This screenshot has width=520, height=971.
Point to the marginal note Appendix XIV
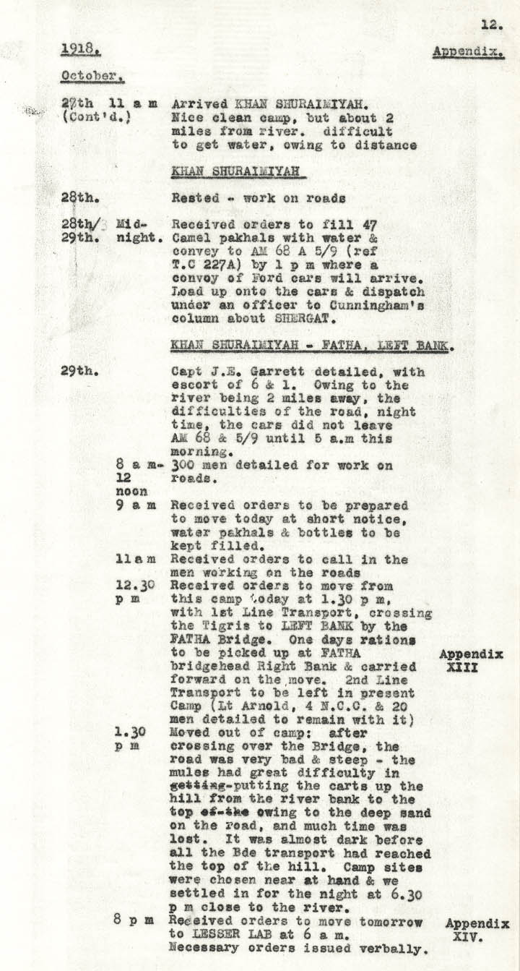(477, 930)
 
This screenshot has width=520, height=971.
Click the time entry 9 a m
(135, 505)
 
